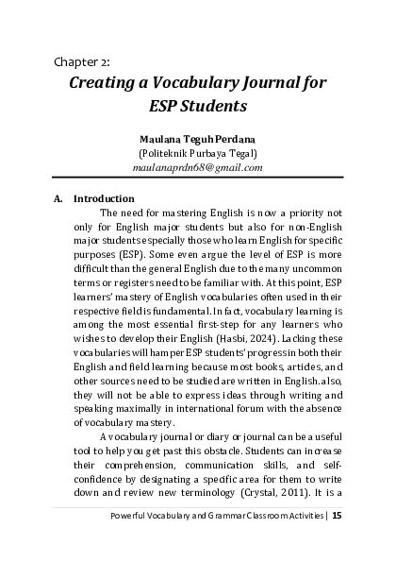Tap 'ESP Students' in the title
pyautogui.click(x=198, y=106)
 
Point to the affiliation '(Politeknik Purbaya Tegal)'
pyautogui.click(x=198, y=152)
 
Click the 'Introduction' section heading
pyautogui.click(x=104, y=199)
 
